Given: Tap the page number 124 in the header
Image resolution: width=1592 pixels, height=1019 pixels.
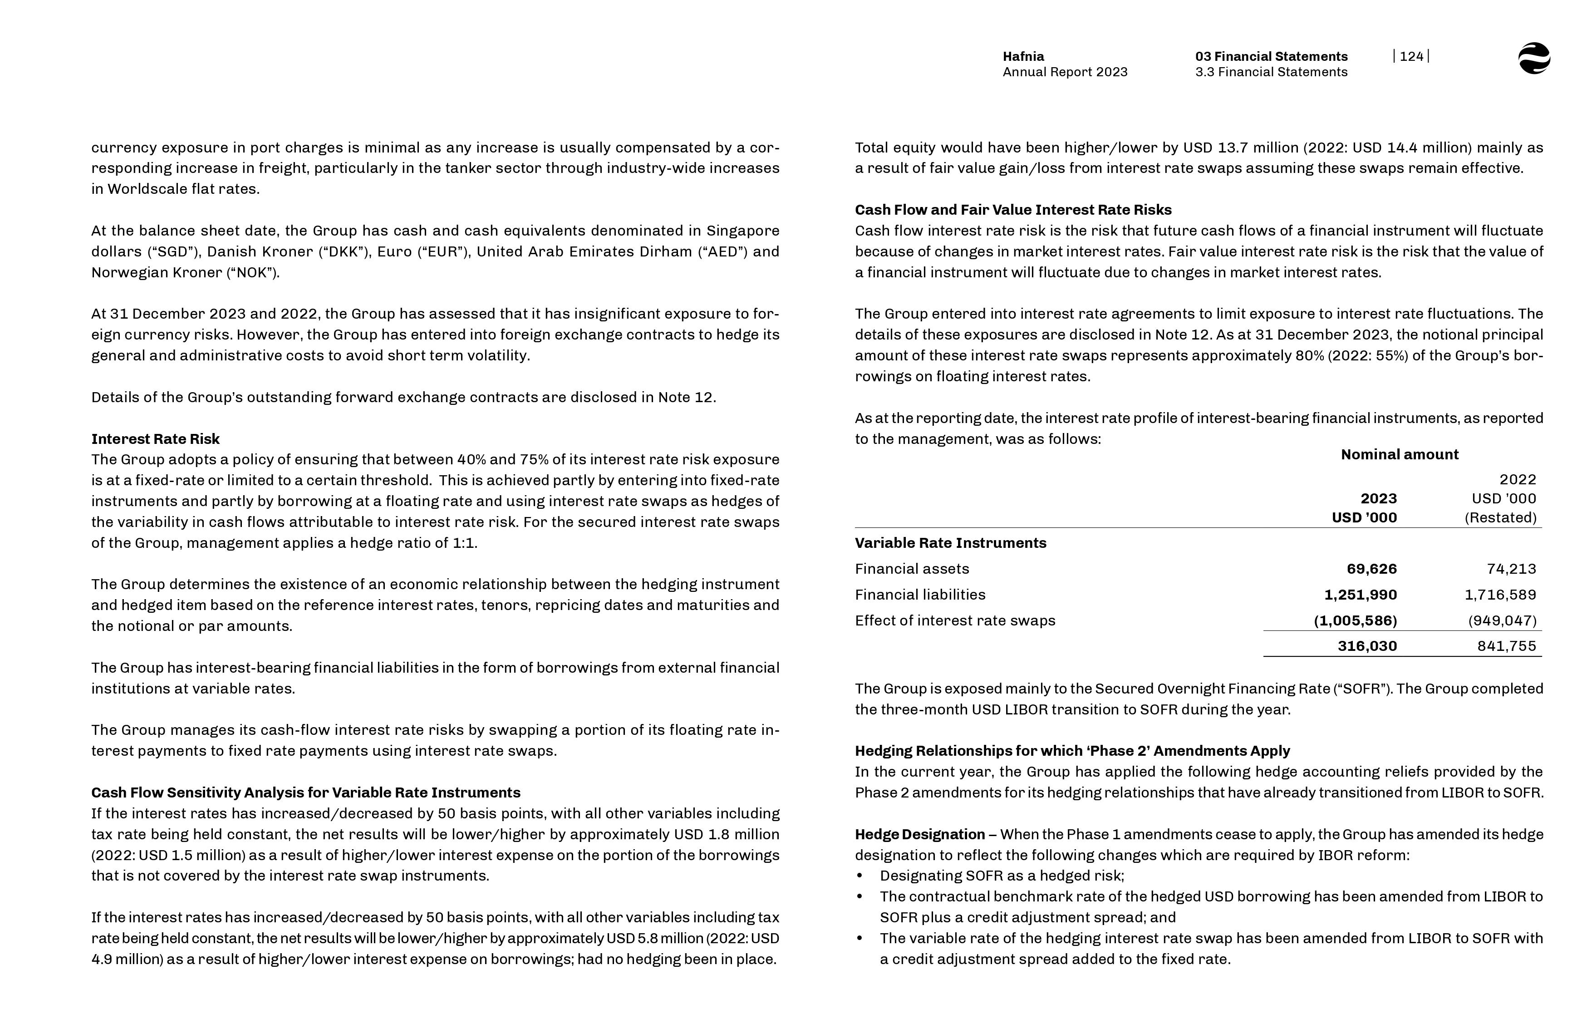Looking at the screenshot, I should [x=1411, y=56].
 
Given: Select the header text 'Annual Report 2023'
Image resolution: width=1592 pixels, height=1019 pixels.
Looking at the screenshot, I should [x=1065, y=72].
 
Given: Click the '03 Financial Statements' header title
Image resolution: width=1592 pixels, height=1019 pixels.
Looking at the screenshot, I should [x=1271, y=56].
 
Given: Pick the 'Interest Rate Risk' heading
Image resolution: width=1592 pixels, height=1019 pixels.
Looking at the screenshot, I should [x=155, y=439].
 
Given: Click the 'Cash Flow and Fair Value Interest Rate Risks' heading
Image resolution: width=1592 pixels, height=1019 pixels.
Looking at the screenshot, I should [x=1012, y=210].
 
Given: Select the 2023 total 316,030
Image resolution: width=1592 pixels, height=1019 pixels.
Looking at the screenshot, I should [x=1366, y=646].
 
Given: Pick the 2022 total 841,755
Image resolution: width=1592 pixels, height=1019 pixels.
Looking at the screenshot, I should [x=1506, y=646].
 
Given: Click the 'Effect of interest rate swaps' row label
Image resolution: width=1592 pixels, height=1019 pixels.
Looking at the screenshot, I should [x=955, y=620].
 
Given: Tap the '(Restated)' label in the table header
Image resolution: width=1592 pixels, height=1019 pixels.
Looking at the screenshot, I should [x=1500, y=517].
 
